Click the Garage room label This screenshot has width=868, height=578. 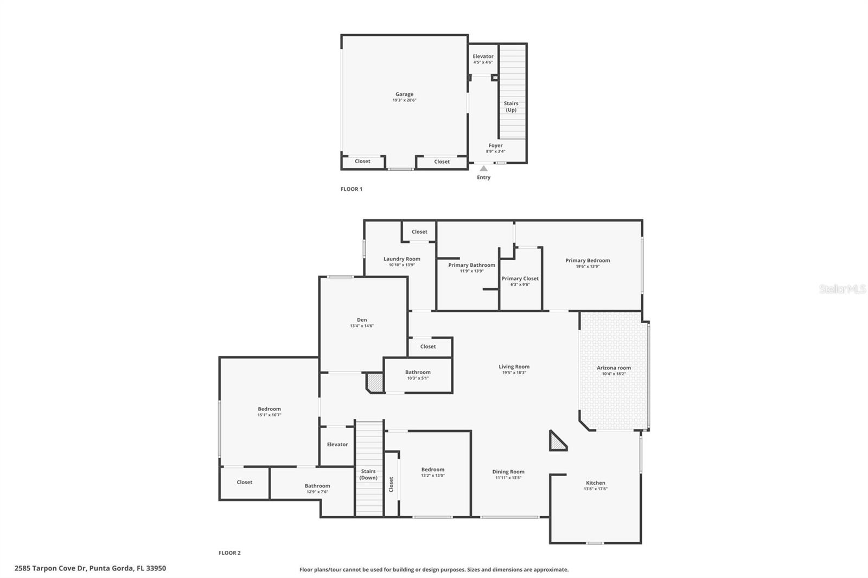[404, 94]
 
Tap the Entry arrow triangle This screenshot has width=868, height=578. [483, 169]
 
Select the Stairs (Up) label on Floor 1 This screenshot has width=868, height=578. [511, 106]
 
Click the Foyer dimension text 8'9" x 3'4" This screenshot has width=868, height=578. [495, 151]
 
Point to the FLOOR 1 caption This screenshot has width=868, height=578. [351, 189]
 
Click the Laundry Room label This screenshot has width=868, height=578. [401, 259]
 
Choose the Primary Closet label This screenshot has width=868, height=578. [520, 279]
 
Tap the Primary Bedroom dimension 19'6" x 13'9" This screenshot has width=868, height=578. [588, 266]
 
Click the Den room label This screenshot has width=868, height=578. [362, 320]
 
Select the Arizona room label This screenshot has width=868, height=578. [614, 368]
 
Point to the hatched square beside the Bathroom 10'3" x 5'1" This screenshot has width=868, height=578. [375, 382]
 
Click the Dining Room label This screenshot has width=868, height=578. [508, 472]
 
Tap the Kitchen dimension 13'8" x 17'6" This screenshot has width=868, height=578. [595, 489]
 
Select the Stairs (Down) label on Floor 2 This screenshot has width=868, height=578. [368, 474]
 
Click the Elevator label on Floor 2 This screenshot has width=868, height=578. [337, 445]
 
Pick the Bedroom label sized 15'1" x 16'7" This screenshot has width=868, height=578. [269, 409]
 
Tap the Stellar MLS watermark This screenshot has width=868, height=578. [842, 290]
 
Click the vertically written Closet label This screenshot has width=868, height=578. [391, 484]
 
